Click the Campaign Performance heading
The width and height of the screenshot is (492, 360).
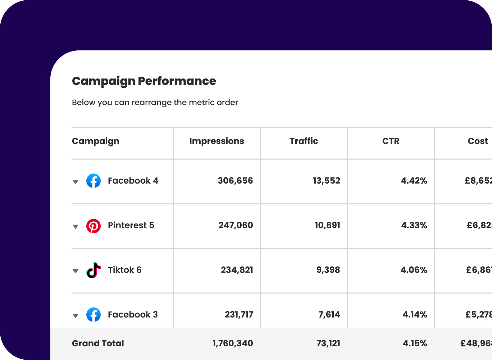click(144, 81)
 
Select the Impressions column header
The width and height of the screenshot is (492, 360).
click(217, 141)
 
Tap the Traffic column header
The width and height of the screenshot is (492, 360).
click(304, 141)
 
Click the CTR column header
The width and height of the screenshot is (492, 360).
click(391, 141)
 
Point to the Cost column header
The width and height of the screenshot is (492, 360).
click(478, 141)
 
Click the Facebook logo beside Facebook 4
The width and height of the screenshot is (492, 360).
click(94, 181)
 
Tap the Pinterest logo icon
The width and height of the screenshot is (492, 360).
click(94, 226)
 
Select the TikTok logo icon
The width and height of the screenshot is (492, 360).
click(94, 270)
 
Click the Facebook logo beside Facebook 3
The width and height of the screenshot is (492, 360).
click(94, 315)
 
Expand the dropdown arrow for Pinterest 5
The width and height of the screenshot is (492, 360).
click(76, 226)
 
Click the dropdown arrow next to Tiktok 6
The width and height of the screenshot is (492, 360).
click(76, 271)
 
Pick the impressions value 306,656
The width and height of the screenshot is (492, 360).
click(235, 181)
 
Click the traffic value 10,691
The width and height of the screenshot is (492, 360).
click(327, 225)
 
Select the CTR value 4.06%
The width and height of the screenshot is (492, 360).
click(414, 270)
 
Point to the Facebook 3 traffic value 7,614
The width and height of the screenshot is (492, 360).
click(329, 315)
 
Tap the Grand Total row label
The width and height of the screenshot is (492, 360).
click(98, 343)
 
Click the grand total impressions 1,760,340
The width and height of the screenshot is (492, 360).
click(233, 343)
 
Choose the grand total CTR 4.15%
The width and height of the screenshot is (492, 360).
click(415, 343)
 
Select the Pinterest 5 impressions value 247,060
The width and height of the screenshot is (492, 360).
click(236, 225)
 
